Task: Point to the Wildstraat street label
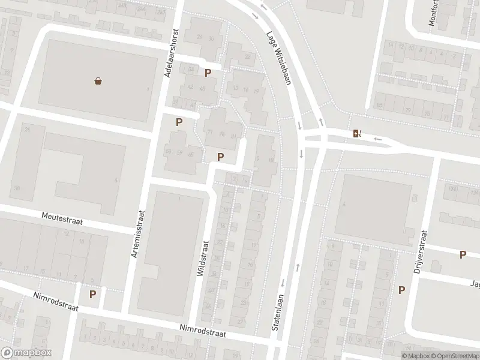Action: (x=202, y=258)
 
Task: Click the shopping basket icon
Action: (x=98, y=81)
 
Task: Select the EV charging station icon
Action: (x=357, y=133)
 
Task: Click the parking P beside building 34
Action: (x=208, y=73)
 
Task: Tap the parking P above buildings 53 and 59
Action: (x=179, y=122)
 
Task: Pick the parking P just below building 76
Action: (x=221, y=157)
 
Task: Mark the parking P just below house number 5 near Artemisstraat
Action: (x=92, y=294)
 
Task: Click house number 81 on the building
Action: (x=233, y=136)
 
